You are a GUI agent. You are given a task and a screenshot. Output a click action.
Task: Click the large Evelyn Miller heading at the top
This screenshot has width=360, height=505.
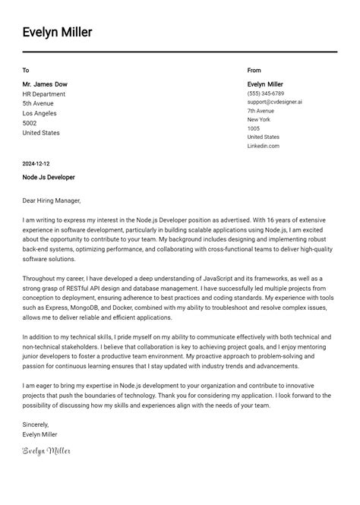[x=57, y=32]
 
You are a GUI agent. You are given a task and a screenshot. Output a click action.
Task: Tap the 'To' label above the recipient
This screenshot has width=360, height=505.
[x=26, y=70]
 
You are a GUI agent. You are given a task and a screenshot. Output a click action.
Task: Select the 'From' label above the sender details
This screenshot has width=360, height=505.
[x=254, y=70]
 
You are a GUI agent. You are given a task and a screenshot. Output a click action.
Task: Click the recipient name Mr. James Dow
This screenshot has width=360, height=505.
[x=45, y=84]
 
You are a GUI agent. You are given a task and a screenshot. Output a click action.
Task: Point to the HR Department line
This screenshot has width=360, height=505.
[x=44, y=93]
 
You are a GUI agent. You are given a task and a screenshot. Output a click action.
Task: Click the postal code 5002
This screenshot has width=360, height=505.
[x=30, y=123]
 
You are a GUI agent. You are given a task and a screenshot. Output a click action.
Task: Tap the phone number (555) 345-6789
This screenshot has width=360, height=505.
[x=266, y=93]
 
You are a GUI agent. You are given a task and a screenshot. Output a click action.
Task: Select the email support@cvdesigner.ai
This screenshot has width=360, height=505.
[x=274, y=102]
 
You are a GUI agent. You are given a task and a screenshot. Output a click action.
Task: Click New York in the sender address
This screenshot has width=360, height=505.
[x=258, y=119]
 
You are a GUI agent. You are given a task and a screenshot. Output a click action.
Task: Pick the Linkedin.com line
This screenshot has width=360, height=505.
[x=263, y=146]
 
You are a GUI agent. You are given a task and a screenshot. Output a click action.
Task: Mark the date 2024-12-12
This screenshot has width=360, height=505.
[x=36, y=163]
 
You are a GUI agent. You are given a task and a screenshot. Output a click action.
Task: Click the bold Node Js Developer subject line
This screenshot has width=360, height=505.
[x=49, y=177]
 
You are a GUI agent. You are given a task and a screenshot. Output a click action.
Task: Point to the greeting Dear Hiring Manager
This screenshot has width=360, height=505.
[x=51, y=200]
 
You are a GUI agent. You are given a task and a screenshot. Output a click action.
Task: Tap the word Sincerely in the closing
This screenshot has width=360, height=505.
[x=36, y=425]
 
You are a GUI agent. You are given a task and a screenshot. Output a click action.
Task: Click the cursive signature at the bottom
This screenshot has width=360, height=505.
[x=46, y=451]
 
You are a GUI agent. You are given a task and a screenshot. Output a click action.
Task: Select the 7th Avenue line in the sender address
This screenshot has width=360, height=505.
[x=261, y=111]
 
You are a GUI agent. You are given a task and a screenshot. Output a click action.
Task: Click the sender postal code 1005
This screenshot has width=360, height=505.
[x=254, y=128]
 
